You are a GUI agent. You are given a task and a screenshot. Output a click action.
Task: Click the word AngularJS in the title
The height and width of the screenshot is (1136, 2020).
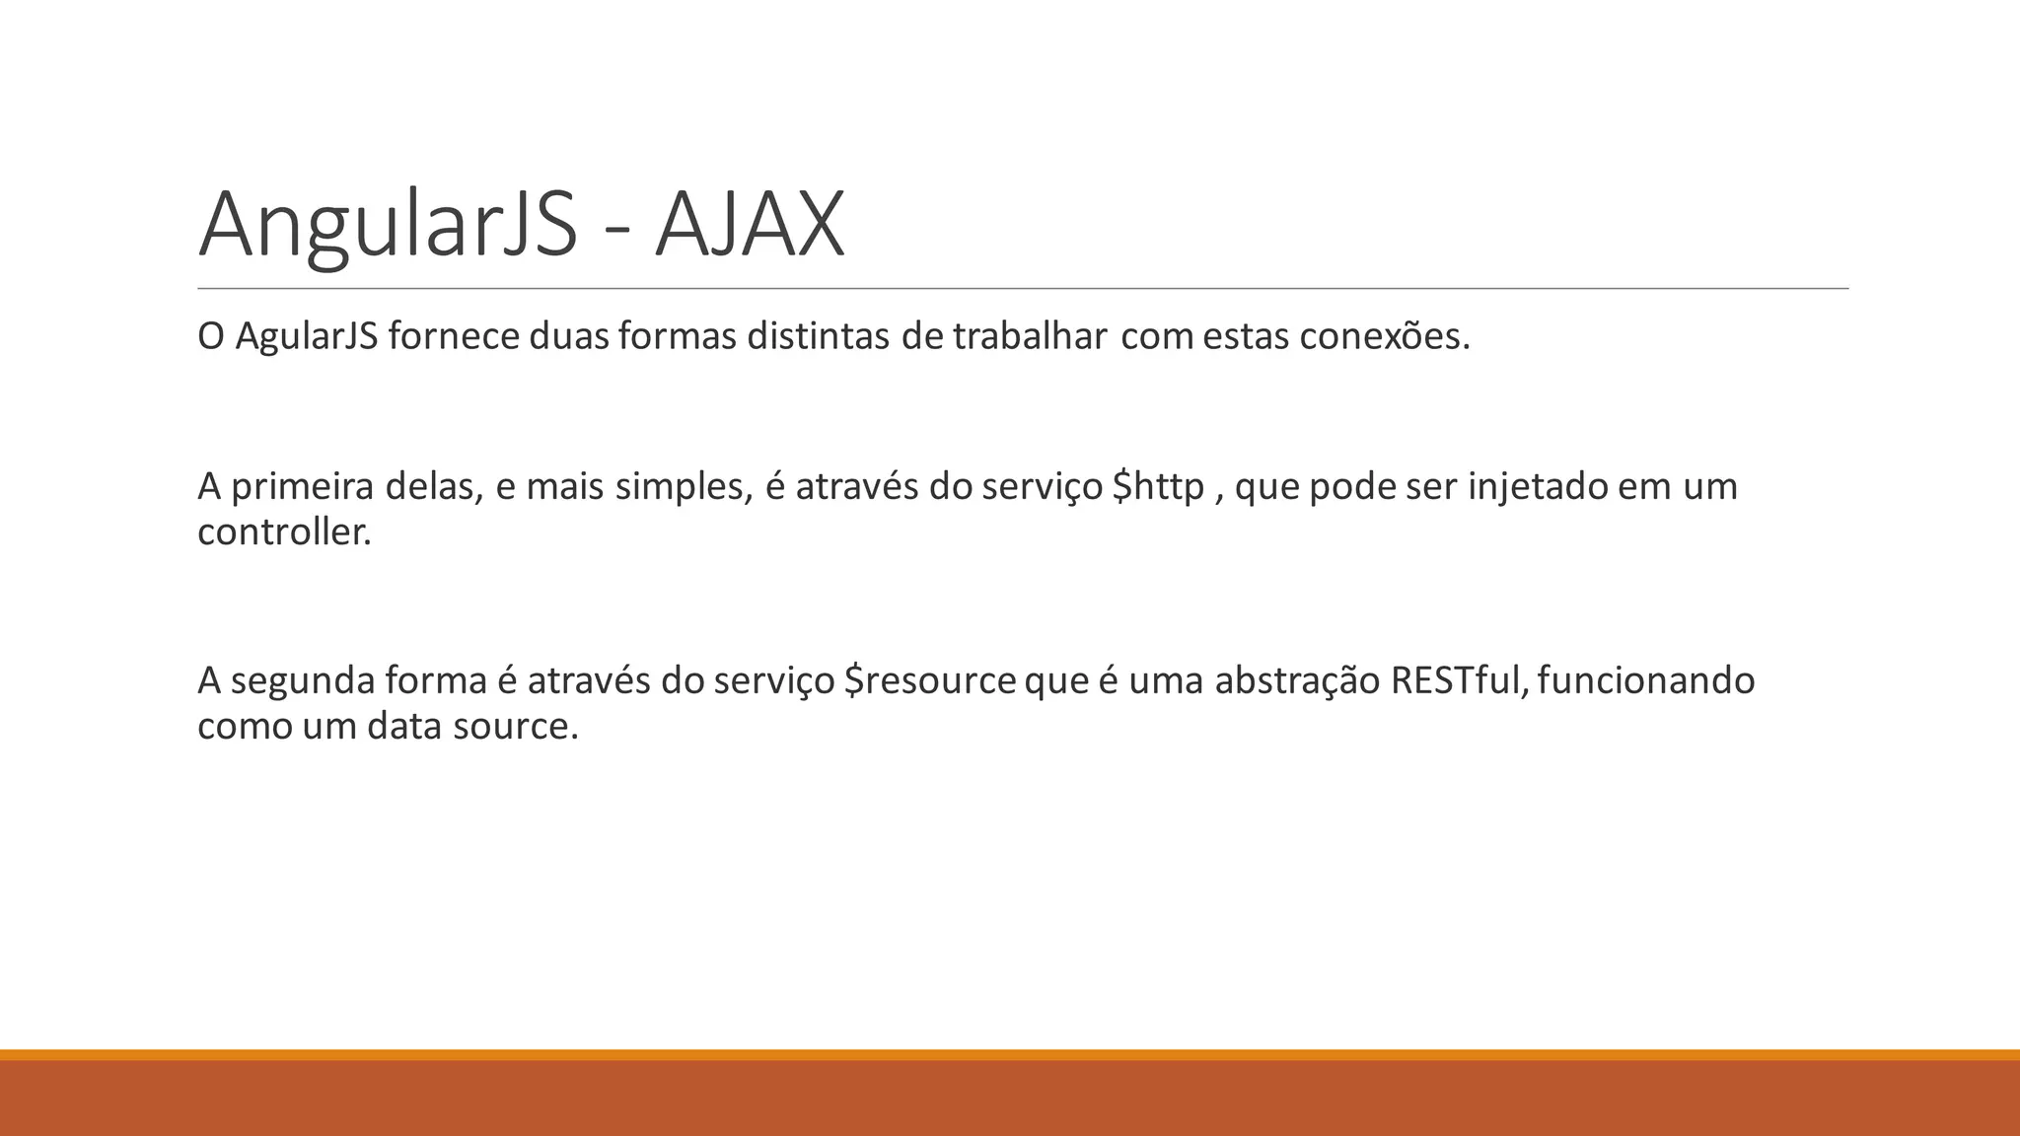point(387,225)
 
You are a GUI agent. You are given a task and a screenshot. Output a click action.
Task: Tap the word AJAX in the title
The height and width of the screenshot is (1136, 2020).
point(750,225)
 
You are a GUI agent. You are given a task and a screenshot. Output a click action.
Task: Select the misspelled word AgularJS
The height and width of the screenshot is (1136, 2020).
point(307,337)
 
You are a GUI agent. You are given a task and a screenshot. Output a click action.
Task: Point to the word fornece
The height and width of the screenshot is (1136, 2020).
point(454,337)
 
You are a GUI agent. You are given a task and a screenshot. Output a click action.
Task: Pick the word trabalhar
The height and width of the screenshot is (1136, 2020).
point(1029,337)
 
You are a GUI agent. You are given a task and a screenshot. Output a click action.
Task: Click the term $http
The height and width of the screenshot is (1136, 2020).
point(1158,486)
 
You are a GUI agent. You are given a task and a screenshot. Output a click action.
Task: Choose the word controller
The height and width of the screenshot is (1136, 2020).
point(284,532)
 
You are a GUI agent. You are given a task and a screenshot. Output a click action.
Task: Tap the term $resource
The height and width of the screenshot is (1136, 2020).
point(930,681)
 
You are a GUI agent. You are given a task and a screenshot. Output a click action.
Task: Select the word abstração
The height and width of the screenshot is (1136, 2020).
point(1297,681)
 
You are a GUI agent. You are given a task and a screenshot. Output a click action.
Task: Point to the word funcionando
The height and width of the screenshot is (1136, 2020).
point(1645,681)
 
